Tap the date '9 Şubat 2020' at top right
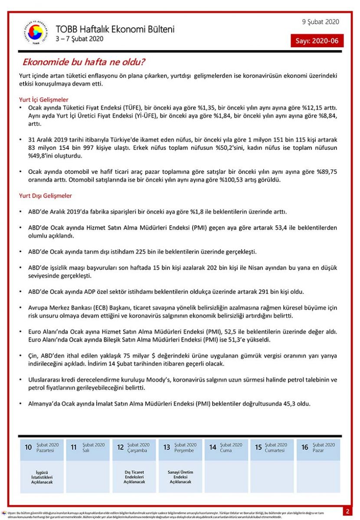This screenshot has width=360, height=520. [321, 22]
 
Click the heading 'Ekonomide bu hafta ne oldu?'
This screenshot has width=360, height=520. [84, 62]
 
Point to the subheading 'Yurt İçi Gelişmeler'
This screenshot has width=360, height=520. [44, 99]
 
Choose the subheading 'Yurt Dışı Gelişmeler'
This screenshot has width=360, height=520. [46, 196]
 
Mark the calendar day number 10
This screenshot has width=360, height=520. [28, 447]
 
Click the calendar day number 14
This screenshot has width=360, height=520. [213, 447]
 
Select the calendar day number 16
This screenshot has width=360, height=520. [305, 447]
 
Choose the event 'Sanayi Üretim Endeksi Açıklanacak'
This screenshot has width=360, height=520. [180, 477]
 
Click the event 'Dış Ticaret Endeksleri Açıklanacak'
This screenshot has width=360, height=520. [134, 477]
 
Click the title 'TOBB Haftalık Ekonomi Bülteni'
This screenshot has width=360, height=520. [115, 29]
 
